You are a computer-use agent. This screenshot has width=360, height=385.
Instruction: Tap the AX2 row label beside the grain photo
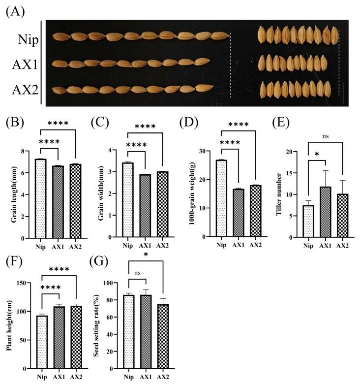25,90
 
